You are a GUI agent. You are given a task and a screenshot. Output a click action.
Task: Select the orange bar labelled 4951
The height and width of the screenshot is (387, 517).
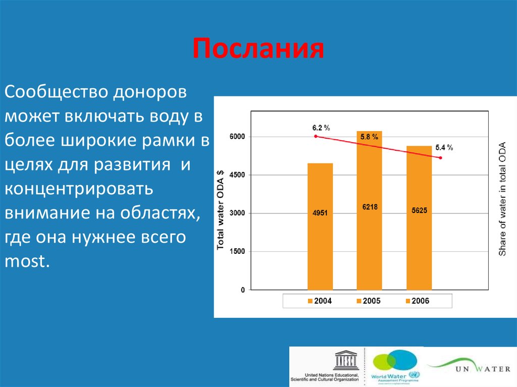[x=320, y=227]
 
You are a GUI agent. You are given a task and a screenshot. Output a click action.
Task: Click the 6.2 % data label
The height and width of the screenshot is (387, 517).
[x=321, y=128]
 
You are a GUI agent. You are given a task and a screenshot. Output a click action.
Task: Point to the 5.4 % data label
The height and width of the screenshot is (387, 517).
[x=444, y=148]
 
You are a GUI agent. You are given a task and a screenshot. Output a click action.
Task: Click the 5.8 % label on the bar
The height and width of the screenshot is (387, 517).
[x=369, y=136]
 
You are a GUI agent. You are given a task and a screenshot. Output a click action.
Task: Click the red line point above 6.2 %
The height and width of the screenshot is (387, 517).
[x=316, y=136]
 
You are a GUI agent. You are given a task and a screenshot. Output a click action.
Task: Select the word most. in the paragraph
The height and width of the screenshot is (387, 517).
[x=28, y=260]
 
